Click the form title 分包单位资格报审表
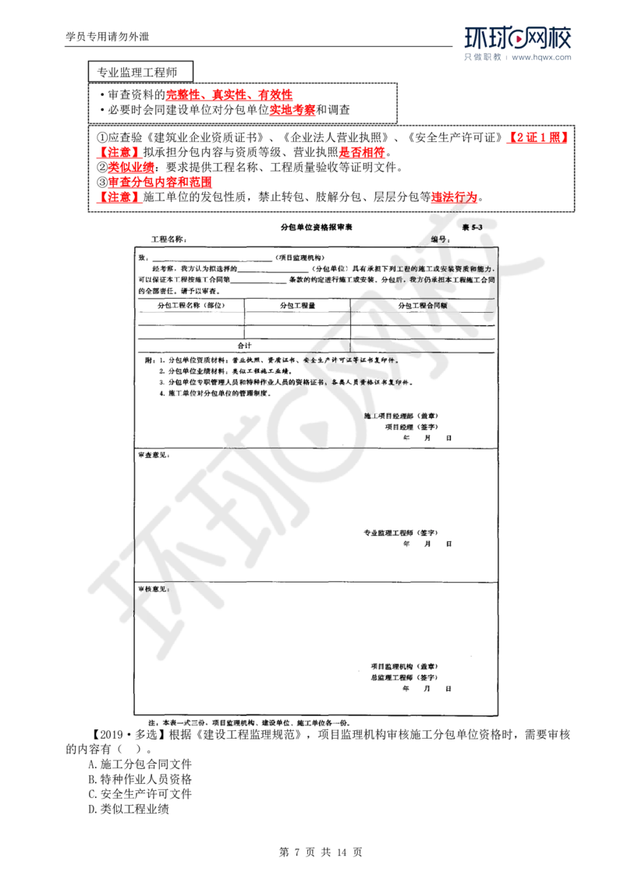[317, 227]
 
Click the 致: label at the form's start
[142, 257]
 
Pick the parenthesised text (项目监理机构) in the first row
[301, 257]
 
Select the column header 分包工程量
[298, 307]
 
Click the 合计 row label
[243, 343]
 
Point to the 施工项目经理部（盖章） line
[404, 416]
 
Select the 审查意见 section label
[156, 453]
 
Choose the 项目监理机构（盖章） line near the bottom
[403, 667]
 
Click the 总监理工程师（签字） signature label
[402, 678]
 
